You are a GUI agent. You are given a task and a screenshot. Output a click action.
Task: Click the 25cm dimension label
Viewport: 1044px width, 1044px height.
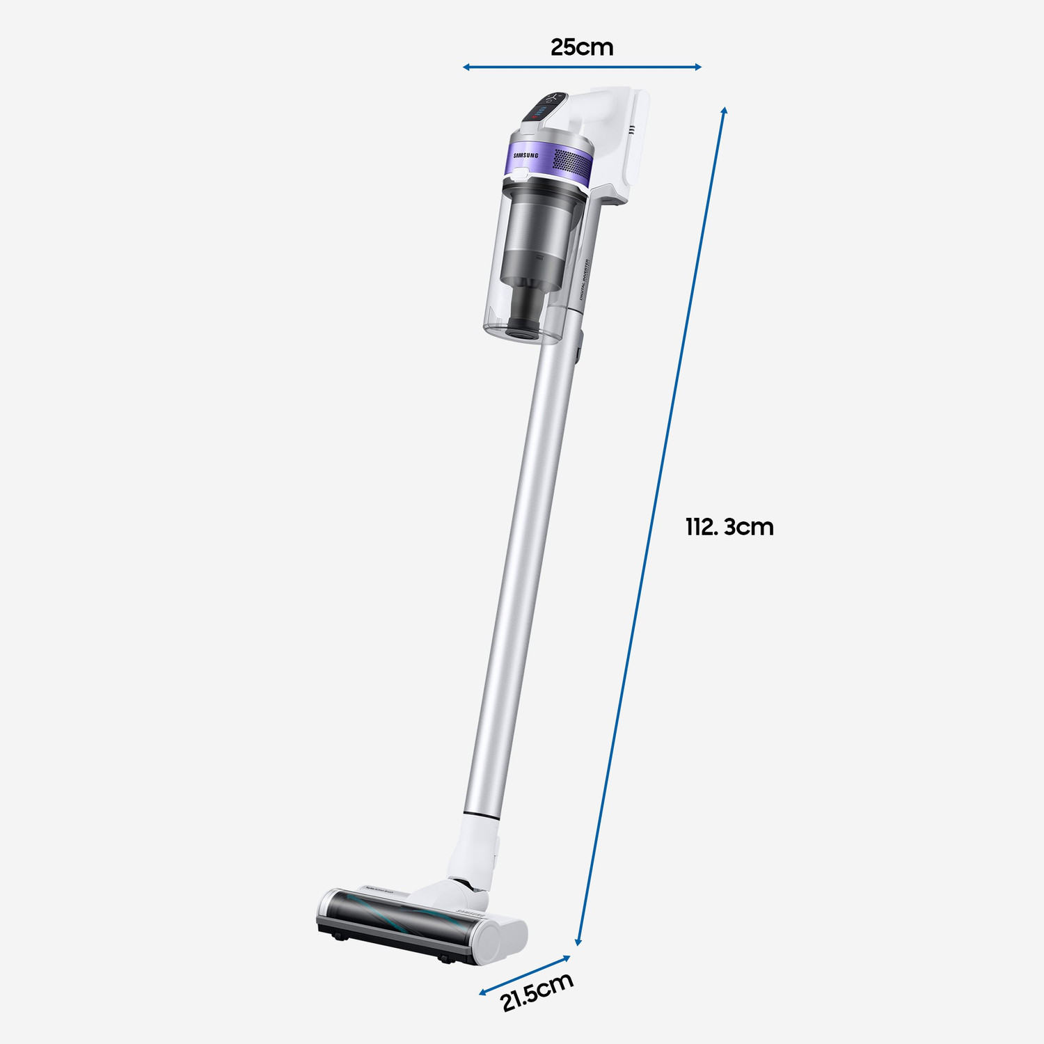(x=582, y=47)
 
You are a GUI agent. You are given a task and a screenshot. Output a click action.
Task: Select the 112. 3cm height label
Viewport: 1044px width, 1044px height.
(x=729, y=527)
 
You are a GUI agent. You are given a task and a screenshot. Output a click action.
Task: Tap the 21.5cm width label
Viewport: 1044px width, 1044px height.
(x=537, y=991)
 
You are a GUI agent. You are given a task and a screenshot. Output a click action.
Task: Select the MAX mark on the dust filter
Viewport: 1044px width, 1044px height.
(x=540, y=259)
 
